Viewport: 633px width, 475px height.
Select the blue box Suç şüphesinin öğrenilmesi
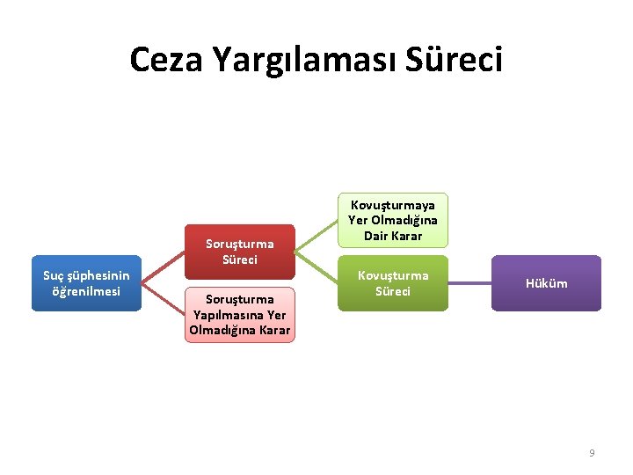[x=86, y=283]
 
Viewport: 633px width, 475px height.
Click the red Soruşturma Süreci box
[x=240, y=252]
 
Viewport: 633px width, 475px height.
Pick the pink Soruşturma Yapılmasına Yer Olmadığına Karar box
[x=240, y=315]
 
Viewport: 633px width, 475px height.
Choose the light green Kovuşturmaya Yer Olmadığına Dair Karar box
[x=392, y=220]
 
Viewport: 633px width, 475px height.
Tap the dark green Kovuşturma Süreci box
[x=392, y=283]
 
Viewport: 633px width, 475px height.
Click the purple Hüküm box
[x=546, y=283]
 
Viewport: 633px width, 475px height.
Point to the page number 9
[x=592, y=452]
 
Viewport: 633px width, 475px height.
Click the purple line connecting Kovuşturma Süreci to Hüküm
[x=469, y=283]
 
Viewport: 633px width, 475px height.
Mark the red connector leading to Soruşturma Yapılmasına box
[x=164, y=299]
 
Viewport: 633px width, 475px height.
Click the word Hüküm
[x=546, y=283]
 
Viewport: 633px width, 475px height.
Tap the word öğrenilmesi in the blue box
[x=86, y=291]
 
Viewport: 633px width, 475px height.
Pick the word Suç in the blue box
[x=54, y=276]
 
